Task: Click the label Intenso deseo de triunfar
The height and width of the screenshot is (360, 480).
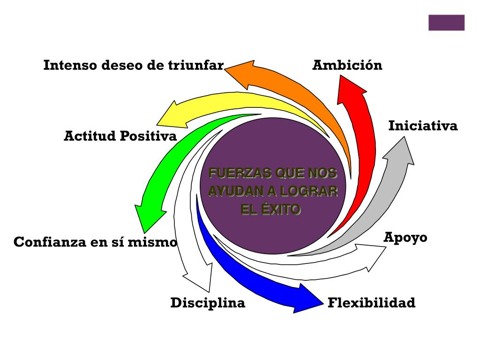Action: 134,65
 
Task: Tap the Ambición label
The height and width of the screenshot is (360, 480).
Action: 347,65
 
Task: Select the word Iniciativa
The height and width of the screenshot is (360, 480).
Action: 423,126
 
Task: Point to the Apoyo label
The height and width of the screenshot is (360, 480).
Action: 405,237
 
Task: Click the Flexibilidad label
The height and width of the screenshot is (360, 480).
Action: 371,303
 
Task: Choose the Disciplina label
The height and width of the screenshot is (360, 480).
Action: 208,303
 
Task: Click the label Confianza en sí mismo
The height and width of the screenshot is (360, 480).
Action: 96,242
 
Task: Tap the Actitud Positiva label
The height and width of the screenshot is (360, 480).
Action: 120,136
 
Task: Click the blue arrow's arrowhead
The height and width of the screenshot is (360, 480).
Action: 307,298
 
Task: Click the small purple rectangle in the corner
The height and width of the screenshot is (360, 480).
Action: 446,22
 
